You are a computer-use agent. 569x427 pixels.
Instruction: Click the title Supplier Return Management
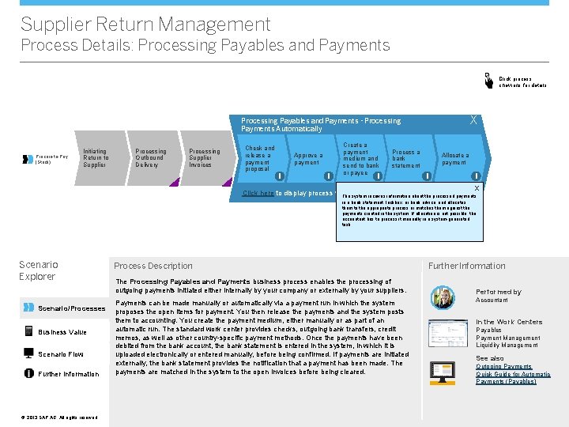[145, 25]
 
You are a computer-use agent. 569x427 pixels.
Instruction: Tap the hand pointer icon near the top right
[490, 80]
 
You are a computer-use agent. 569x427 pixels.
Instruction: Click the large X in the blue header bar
[473, 120]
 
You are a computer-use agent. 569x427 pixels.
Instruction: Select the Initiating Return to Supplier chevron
[96, 158]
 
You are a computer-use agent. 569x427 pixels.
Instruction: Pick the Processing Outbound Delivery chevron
[150, 158]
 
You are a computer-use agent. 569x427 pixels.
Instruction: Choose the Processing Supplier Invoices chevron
[204, 158]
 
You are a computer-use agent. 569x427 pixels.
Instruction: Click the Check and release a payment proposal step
[260, 158]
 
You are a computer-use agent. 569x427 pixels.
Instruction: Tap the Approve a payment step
[307, 159]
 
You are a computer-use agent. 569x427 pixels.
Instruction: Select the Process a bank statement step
[406, 158]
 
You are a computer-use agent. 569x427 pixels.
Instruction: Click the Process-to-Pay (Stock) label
[52, 159]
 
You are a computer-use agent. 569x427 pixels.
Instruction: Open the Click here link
[258, 193]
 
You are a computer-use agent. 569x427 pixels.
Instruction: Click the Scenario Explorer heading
[37, 270]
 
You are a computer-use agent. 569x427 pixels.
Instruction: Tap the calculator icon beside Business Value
[29, 332]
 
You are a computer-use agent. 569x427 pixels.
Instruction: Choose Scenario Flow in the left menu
[61, 354]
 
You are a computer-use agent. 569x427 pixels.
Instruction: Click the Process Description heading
[153, 266]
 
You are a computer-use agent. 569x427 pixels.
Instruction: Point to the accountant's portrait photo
[442, 297]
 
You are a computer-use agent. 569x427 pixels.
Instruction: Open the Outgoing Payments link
[503, 366]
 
